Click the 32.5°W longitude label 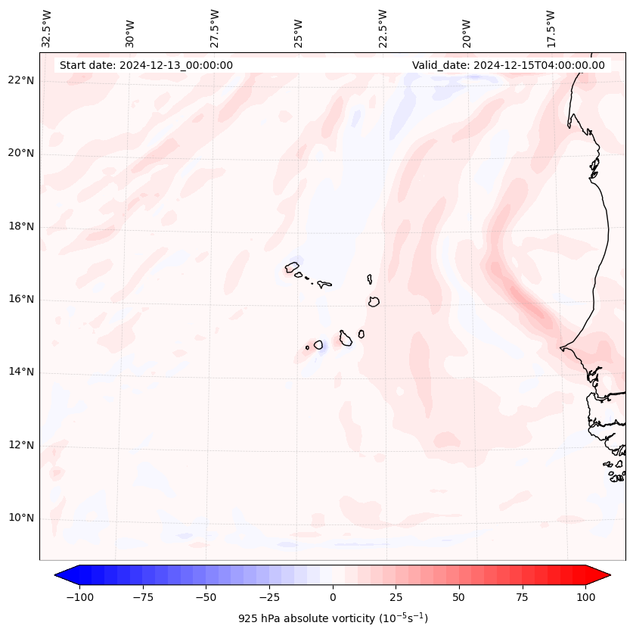(47, 28)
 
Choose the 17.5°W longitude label (551, 28)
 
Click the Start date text (146, 65)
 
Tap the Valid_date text (508, 65)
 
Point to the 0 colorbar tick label (333, 597)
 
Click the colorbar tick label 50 (459, 597)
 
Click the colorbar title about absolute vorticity (333, 618)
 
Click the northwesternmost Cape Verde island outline (292, 267)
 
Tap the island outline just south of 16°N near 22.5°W (374, 301)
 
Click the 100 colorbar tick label (585, 597)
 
